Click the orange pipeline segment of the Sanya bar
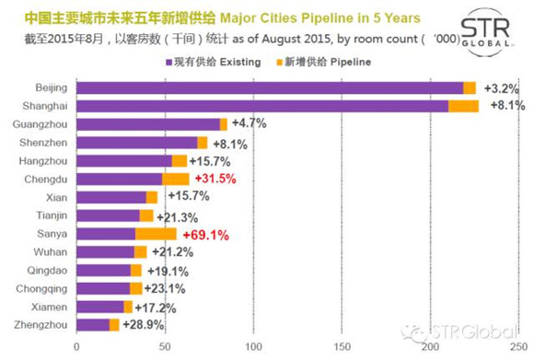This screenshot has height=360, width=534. click(156, 234)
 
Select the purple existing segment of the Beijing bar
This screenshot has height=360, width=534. click(270, 87)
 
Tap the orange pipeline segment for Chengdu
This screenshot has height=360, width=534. click(175, 180)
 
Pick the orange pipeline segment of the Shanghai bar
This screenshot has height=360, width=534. click(463, 106)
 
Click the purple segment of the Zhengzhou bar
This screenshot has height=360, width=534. click(93, 325)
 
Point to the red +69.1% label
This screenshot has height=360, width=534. click(206, 236)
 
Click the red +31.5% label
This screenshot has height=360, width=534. click(215, 179)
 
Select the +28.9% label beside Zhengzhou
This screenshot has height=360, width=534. click(144, 325)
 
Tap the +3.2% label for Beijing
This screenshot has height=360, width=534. click(502, 88)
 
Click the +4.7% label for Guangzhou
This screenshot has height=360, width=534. click(250, 123)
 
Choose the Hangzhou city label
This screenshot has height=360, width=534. click(43, 161)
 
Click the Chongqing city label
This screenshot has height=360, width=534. click(41, 289)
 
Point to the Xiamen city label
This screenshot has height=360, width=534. click(50, 308)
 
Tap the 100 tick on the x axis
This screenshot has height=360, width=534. click(254, 347)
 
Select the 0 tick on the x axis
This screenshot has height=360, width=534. click(76, 347)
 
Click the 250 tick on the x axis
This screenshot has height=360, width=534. click(518, 347)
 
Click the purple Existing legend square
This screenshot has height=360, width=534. click(168, 63)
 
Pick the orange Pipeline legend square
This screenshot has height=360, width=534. click(280, 63)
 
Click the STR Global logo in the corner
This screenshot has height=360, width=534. click(486, 31)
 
